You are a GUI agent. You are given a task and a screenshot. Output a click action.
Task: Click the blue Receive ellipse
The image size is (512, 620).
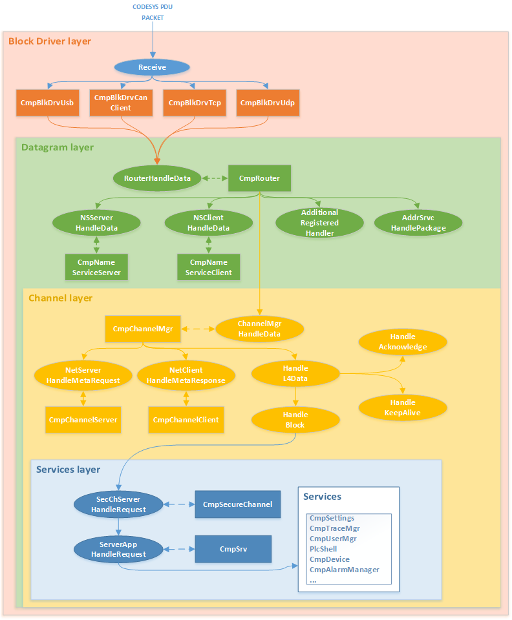click(x=152, y=67)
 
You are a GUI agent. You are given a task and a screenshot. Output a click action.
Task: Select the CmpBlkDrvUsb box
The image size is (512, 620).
click(x=47, y=103)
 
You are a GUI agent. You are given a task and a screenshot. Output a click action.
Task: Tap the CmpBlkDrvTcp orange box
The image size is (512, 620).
click(x=195, y=103)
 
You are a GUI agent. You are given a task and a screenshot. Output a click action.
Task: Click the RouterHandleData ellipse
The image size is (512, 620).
click(x=156, y=178)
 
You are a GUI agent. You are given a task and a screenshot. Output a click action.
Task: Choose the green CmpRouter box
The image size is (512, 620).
click(x=259, y=178)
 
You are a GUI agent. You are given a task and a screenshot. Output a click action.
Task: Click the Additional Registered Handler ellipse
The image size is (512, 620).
click(x=319, y=223)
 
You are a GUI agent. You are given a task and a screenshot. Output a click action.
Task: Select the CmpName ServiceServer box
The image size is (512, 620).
click(x=96, y=267)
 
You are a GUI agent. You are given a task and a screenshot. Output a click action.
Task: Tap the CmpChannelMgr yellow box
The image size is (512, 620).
click(x=143, y=329)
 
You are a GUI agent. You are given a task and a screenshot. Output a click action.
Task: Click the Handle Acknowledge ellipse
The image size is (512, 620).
click(x=403, y=342)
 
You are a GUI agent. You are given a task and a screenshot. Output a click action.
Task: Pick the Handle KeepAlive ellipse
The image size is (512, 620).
click(x=403, y=408)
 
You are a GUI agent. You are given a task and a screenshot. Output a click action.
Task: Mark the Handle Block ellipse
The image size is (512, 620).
click(x=295, y=420)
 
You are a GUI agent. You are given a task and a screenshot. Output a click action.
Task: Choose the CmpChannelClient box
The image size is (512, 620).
click(x=186, y=420)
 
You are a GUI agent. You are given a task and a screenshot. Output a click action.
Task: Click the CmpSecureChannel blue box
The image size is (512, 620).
click(x=237, y=504)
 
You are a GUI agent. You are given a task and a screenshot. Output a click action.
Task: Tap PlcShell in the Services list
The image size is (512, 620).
click(x=323, y=549)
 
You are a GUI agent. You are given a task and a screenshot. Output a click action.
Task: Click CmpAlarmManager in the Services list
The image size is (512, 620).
click(x=344, y=570)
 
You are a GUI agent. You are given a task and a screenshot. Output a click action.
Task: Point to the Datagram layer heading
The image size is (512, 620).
click(x=58, y=147)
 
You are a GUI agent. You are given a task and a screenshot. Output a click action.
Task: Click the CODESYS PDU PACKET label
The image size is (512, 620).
click(x=153, y=12)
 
